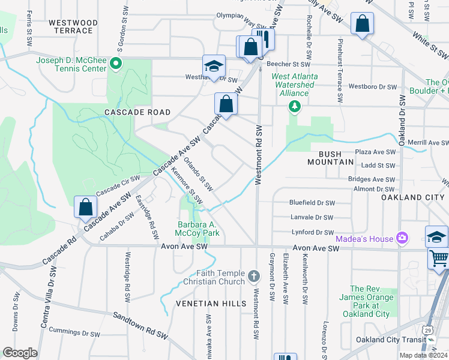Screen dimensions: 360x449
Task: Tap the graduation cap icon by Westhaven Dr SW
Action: click(x=214, y=67)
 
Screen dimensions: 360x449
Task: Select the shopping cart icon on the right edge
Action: click(x=439, y=259)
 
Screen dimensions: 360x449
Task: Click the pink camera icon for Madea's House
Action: click(x=400, y=238)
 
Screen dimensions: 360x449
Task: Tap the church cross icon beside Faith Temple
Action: click(x=254, y=277)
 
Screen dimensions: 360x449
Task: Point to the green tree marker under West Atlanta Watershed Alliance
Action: click(x=294, y=106)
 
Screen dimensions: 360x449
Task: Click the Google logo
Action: click(x=20, y=353)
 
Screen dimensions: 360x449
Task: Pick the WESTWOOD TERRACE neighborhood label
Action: click(x=73, y=26)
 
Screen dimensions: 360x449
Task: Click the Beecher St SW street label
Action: click(x=291, y=64)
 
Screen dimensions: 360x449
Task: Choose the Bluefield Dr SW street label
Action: click(x=312, y=203)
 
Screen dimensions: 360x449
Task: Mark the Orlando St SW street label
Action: click(x=198, y=174)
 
